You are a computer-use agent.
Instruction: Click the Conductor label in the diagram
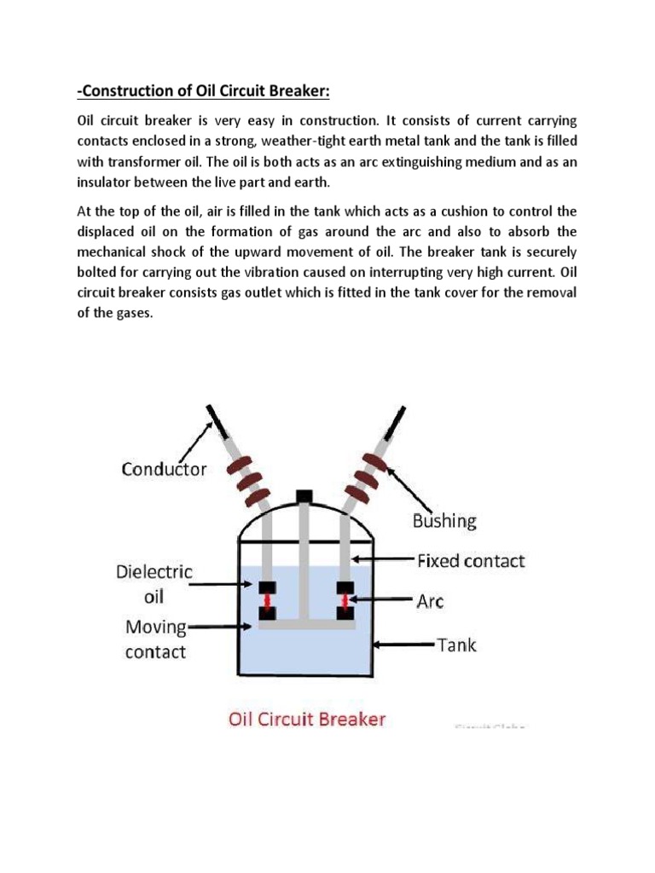click(164, 469)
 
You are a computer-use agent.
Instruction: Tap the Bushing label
click(443, 519)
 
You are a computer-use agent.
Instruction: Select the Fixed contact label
click(471, 561)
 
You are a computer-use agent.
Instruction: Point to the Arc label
click(431, 602)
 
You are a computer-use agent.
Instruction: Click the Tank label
click(457, 645)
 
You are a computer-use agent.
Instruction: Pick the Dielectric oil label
click(154, 584)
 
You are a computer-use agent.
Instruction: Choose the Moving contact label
click(156, 640)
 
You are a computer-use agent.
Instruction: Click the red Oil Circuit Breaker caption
click(307, 719)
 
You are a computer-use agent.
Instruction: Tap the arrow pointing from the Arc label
click(386, 601)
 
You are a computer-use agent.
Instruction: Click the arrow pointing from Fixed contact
click(383, 561)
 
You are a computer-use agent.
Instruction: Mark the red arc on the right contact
click(345, 599)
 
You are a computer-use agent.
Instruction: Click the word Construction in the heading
click(122, 93)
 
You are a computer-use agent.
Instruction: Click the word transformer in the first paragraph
click(134, 160)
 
